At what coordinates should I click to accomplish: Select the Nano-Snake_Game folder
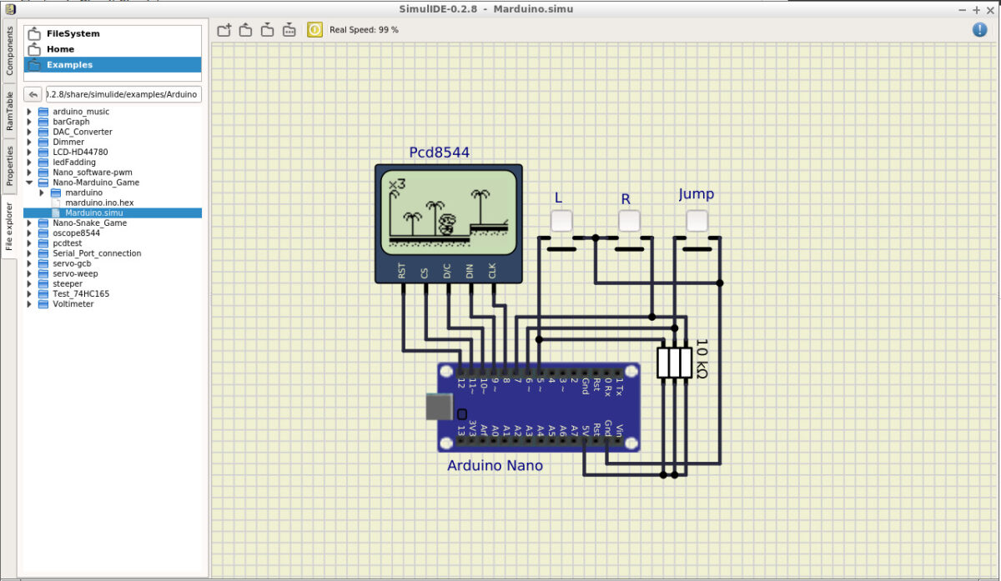(x=89, y=223)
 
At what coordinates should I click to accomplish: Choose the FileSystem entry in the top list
(x=73, y=33)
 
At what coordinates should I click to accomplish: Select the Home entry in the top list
(x=60, y=49)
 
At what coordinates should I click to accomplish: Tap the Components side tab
(x=10, y=51)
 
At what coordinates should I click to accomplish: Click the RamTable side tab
(x=10, y=111)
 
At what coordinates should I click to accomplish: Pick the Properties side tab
(x=10, y=165)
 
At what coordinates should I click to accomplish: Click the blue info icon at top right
(x=979, y=30)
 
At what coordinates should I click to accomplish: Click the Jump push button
(x=697, y=221)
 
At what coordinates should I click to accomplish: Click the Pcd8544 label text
(x=439, y=153)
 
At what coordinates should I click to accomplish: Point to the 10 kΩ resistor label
(x=702, y=358)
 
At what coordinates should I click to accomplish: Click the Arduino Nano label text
(x=495, y=465)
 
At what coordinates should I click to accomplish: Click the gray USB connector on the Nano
(x=440, y=407)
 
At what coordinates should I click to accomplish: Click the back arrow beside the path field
(x=33, y=94)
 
